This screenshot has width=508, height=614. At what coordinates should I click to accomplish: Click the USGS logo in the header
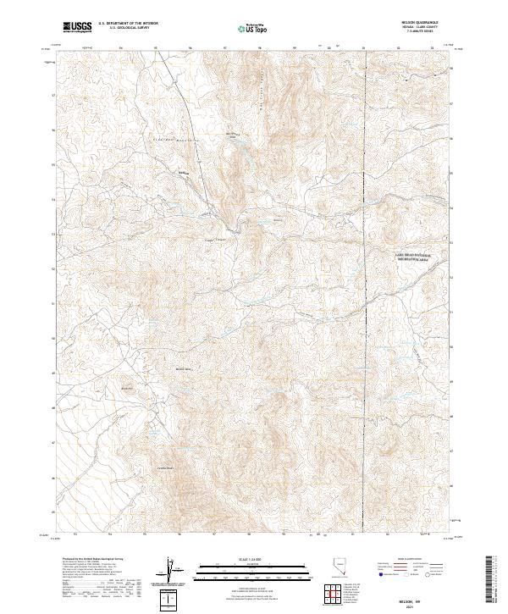click(x=78, y=28)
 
